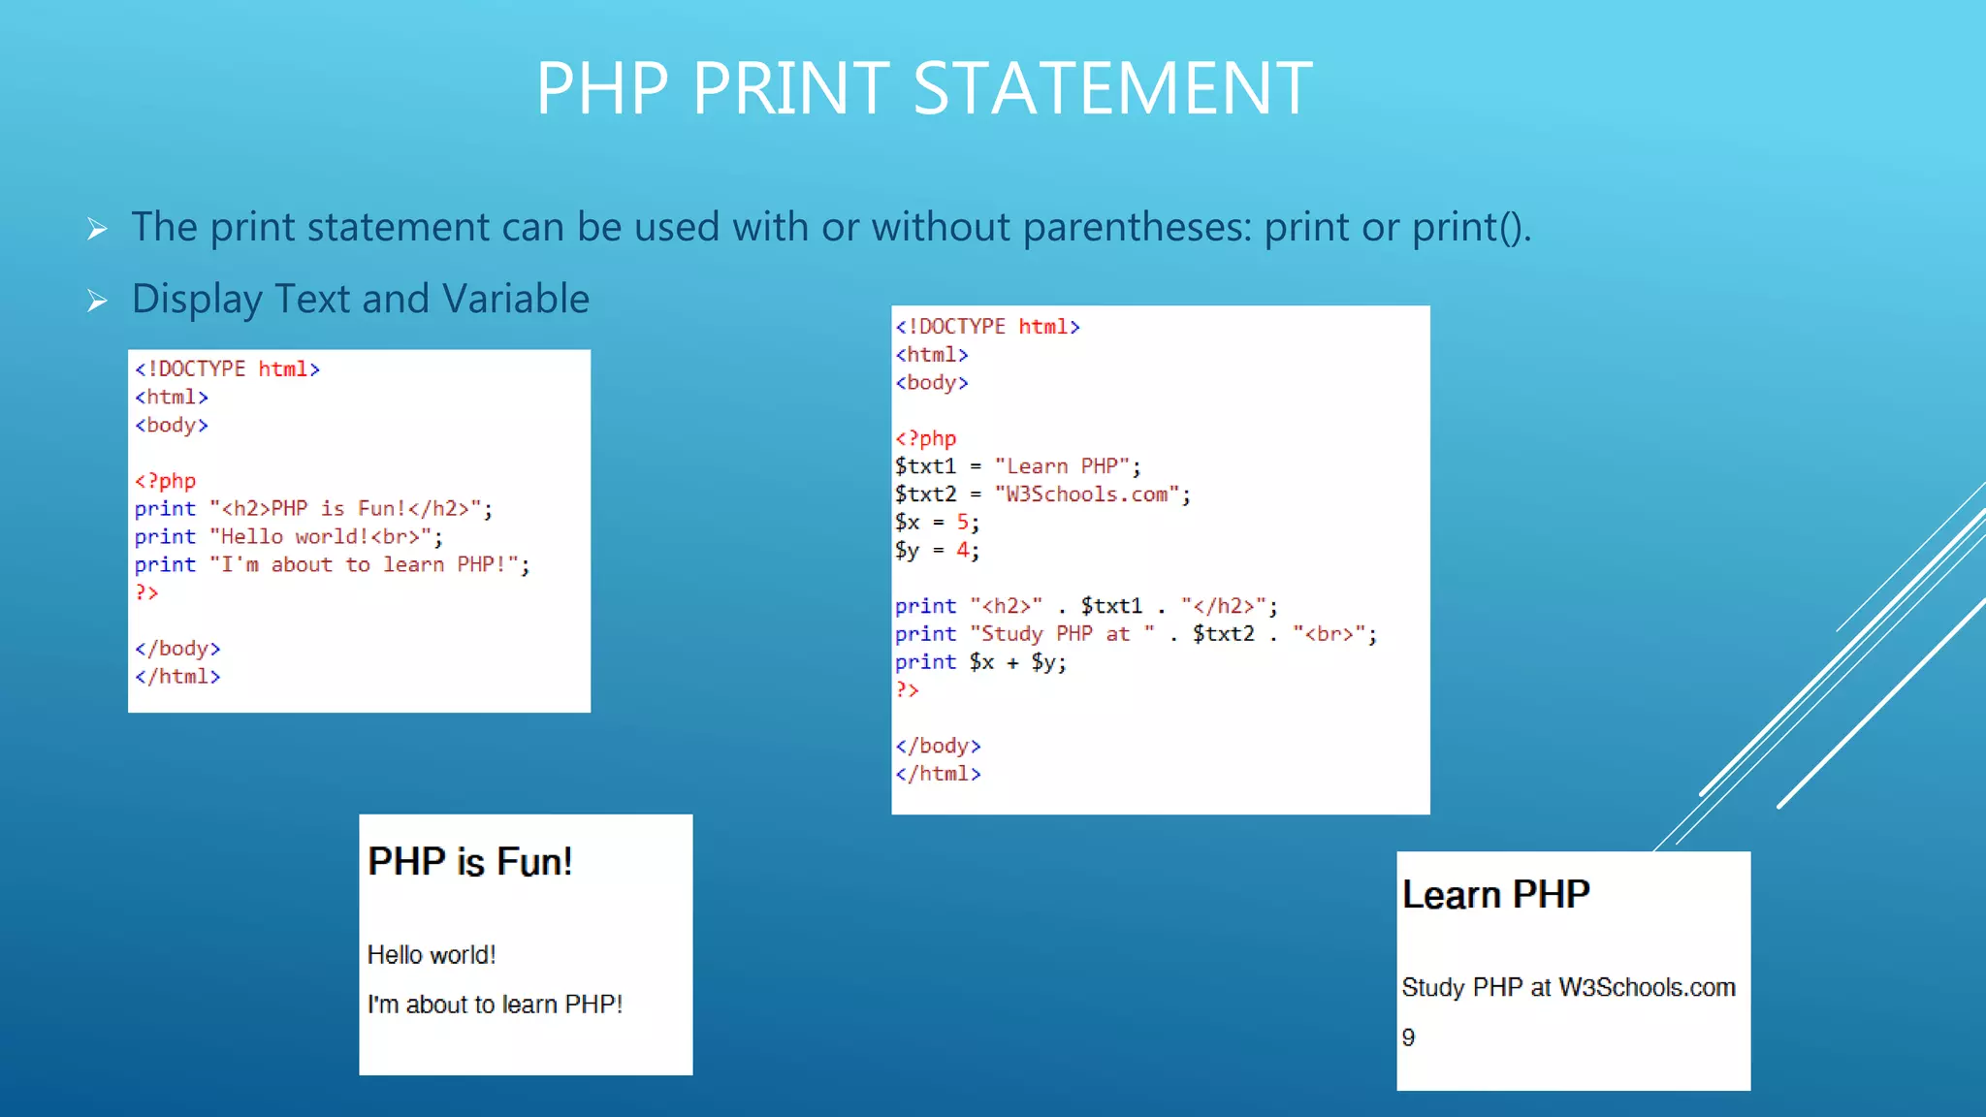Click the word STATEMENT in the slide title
1112,89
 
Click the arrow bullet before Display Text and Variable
97,301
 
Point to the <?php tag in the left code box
166,481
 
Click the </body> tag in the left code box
177,649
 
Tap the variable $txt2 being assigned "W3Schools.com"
925,495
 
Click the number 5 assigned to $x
963,523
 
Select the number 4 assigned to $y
963,551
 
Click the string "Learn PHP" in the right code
1062,466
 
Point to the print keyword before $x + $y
925,662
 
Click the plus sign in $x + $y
1012,663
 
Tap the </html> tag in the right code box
938,774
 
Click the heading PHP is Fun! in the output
470,862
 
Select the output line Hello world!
432,955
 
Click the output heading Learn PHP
1495,895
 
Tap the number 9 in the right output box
1408,1037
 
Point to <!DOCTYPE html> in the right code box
987,327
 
